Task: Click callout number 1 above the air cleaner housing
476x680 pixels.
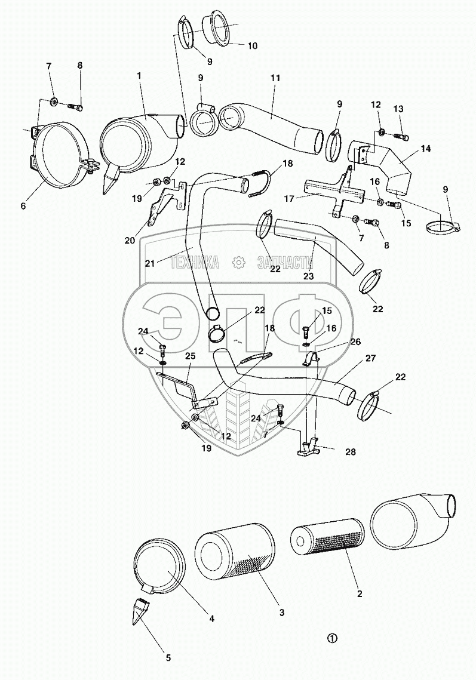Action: pyautogui.click(x=139, y=76)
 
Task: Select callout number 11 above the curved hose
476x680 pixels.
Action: pyautogui.click(x=275, y=78)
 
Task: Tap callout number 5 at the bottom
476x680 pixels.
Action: pyautogui.click(x=168, y=658)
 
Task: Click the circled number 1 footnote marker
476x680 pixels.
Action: pyautogui.click(x=332, y=638)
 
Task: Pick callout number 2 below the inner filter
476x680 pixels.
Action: pyautogui.click(x=359, y=595)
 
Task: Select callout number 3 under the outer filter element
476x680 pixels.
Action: pyautogui.click(x=281, y=613)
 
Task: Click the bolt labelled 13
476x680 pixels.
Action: pyautogui.click(x=401, y=139)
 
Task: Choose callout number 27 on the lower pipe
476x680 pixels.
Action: pyautogui.click(x=370, y=358)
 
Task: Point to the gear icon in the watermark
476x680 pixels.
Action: pyautogui.click(x=238, y=261)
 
